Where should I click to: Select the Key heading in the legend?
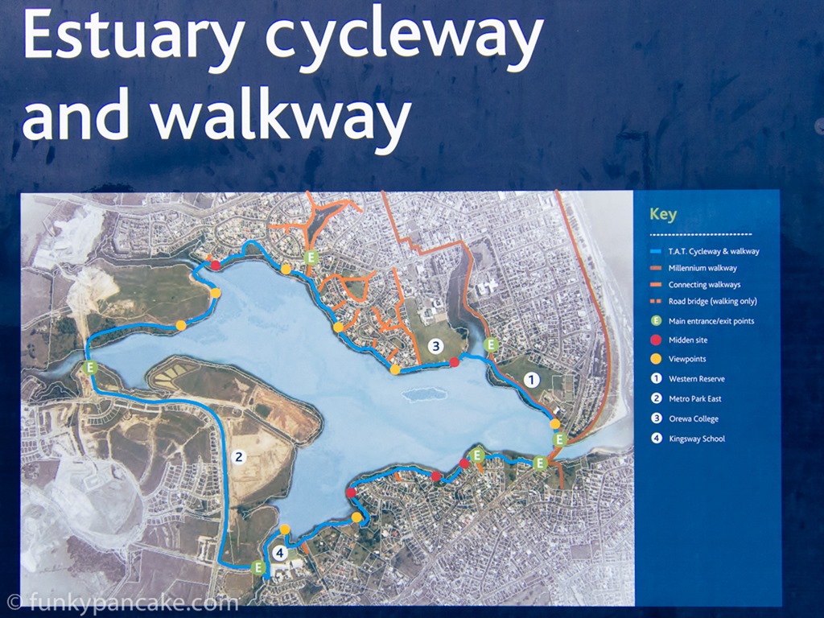(x=663, y=214)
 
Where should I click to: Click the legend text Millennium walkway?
(x=702, y=268)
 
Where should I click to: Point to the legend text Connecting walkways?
(x=704, y=285)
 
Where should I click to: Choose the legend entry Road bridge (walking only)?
(x=713, y=302)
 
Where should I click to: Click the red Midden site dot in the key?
(x=656, y=340)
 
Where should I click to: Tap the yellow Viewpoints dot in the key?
(x=656, y=359)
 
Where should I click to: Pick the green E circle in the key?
(x=656, y=320)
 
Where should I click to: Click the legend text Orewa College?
(x=693, y=418)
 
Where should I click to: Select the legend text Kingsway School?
(x=697, y=439)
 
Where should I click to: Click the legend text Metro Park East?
(x=694, y=399)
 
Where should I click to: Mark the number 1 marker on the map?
(x=531, y=380)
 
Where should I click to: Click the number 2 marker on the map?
(x=238, y=457)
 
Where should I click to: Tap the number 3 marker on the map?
(x=435, y=346)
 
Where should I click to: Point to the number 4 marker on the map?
(x=279, y=553)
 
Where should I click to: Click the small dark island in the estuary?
(x=424, y=394)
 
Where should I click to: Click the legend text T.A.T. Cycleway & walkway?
(x=714, y=251)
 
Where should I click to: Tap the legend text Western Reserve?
(x=696, y=379)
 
